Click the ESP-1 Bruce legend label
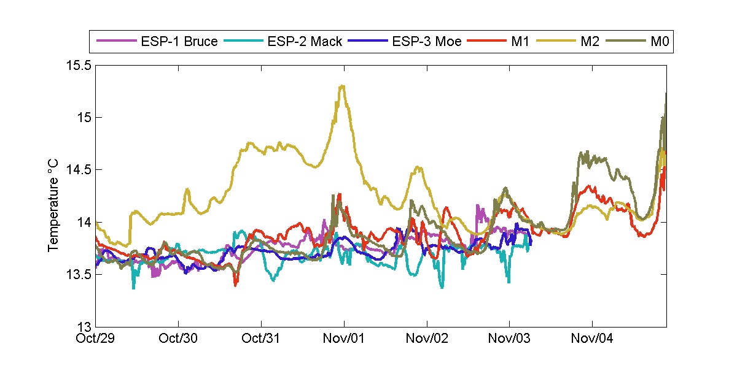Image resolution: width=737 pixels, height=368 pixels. click(x=178, y=42)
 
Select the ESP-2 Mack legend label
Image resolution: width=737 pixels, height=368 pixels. click(x=305, y=42)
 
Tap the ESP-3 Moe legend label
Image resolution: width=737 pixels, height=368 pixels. click(x=427, y=42)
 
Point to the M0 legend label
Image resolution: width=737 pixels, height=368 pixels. click(x=660, y=42)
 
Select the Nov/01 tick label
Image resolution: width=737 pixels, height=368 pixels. click(x=344, y=337)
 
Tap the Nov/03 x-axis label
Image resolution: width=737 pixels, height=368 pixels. click(x=509, y=337)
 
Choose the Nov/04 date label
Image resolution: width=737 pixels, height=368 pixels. click(x=592, y=337)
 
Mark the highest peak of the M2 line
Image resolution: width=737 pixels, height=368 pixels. click(x=342, y=86)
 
